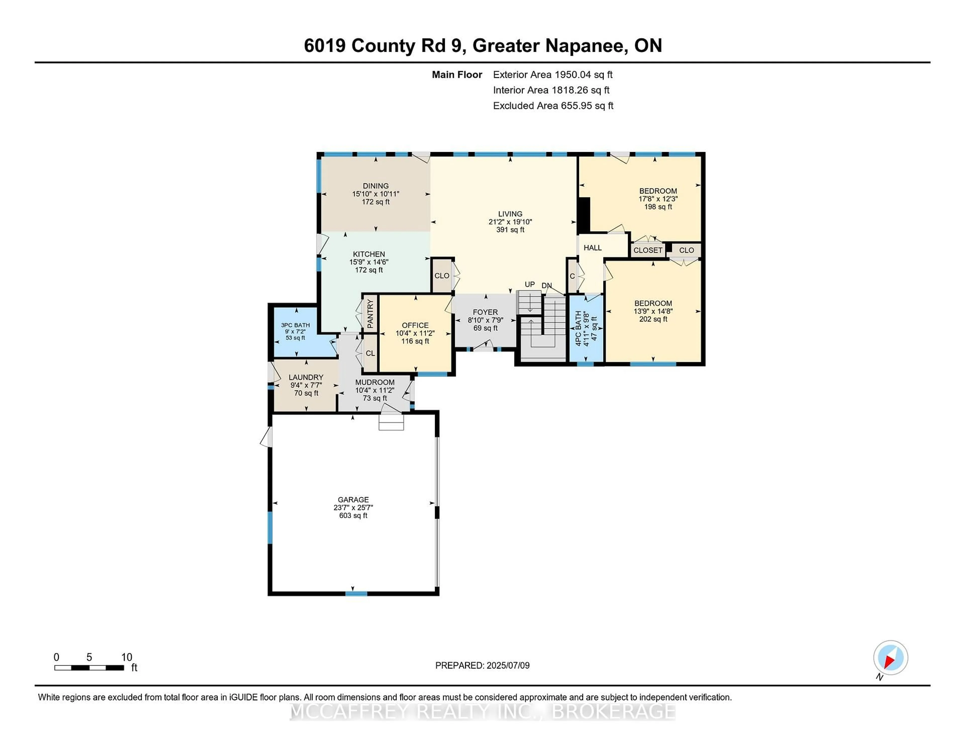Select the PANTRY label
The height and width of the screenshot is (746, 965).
(x=370, y=314)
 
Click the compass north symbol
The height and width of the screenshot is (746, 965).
(x=890, y=658)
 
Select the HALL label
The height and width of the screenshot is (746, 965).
(x=593, y=248)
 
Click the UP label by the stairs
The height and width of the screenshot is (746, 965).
(x=529, y=285)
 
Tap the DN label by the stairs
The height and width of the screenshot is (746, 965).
(x=547, y=286)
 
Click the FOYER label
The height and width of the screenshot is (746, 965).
(x=485, y=312)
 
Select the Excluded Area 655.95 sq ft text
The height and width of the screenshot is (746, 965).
(x=553, y=106)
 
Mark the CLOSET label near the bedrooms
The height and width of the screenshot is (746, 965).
(x=648, y=250)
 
